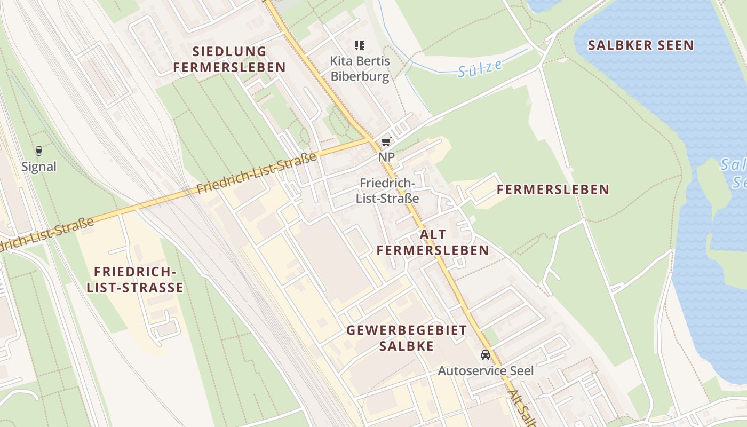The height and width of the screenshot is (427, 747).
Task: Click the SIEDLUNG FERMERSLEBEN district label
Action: coord(229,59)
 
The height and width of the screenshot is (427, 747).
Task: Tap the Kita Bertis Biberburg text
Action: coord(360,68)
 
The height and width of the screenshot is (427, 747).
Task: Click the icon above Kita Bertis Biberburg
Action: coord(360,45)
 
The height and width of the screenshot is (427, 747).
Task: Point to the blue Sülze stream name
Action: coord(480,69)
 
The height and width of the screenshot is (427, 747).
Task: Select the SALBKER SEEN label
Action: coord(641,45)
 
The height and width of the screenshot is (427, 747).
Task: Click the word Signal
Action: coord(39,167)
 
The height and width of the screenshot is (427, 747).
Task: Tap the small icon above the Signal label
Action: coord(38,151)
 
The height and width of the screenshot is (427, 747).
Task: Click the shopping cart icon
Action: coord(386,142)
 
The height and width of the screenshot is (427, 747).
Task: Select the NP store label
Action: coord(386,157)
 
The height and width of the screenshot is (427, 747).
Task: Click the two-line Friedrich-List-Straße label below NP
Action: coord(387,191)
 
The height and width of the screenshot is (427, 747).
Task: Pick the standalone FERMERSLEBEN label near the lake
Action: coord(553,189)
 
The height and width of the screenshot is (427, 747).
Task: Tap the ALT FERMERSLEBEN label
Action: coord(433,242)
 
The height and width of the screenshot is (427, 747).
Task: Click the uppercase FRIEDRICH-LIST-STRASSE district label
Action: coord(135,280)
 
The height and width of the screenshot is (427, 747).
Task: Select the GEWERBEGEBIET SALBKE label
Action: coord(407,338)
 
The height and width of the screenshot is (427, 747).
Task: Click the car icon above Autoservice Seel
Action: coord(485,355)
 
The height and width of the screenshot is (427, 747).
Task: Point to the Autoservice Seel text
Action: coord(486,370)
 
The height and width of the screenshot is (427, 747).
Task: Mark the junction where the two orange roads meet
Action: coord(371,140)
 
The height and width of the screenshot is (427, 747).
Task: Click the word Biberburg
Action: coord(360,76)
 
